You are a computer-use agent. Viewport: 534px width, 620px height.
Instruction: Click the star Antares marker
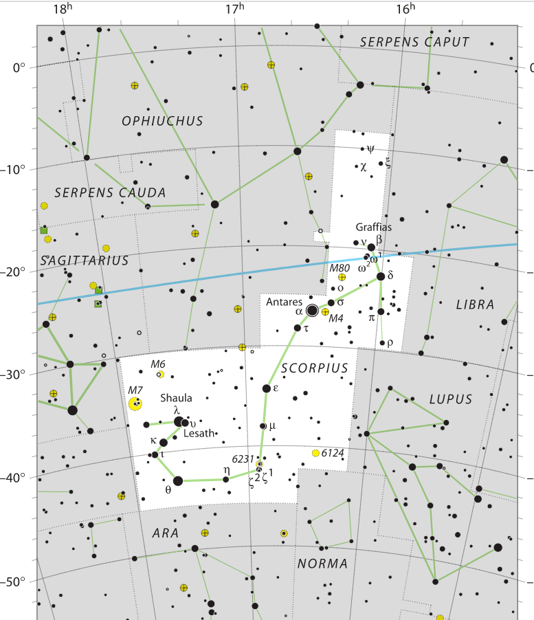click(x=312, y=310)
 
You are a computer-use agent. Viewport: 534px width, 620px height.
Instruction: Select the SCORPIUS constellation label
click(x=314, y=368)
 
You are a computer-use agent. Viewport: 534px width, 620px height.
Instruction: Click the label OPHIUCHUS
click(x=162, y=121)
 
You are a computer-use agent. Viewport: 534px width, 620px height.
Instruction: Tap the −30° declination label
click(x=14, y=375)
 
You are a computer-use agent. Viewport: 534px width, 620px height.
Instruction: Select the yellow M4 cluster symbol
click(x=325, y=311)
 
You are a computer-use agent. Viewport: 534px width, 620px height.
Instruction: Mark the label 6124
click(x=333, y=452)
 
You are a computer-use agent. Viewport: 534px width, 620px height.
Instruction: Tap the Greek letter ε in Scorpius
click(x=276, y=388)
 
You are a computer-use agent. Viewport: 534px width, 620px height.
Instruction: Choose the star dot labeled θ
click(x=178, y=480)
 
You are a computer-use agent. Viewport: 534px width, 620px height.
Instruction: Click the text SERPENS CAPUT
click(x=414, y=42)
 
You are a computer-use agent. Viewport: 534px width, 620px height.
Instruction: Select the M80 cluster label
click(x=340, y=267)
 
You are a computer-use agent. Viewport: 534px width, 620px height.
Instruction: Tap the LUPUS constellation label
click(x=450, y=399)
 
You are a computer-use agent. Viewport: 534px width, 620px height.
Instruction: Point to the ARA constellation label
click(x=165, y=533)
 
